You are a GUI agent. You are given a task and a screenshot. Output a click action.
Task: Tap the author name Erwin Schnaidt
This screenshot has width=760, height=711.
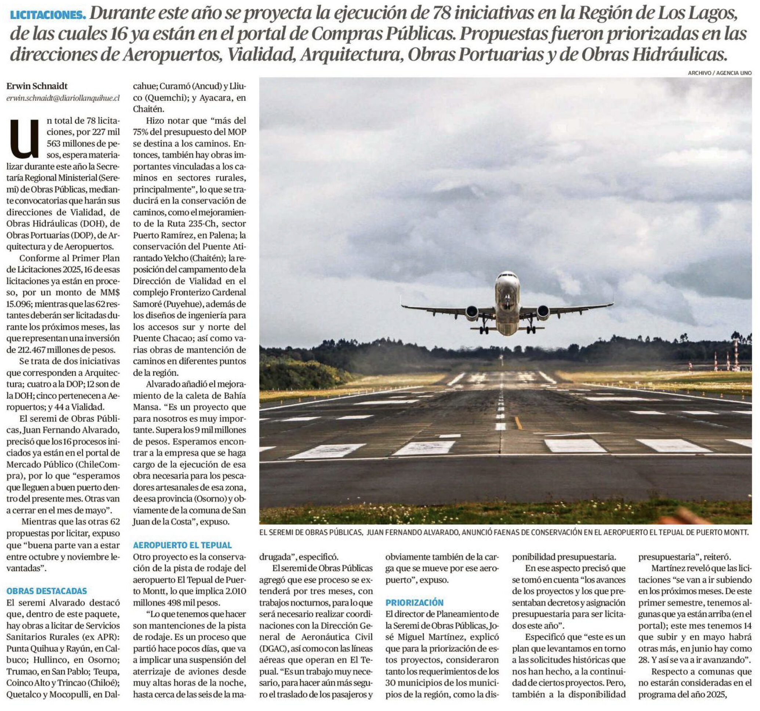[37, 86]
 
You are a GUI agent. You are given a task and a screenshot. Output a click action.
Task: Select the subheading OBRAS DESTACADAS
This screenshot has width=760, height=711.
[47, 591]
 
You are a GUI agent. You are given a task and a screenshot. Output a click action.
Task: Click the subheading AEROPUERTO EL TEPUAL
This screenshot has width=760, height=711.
[182, 545]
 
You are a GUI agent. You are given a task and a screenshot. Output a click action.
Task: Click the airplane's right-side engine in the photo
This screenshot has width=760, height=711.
[543, 312]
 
